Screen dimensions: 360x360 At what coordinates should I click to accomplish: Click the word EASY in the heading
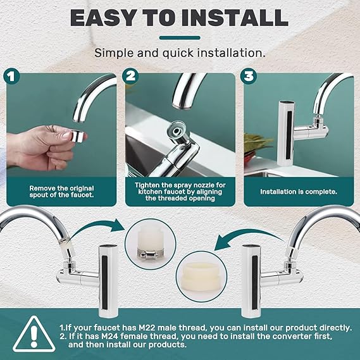tap(107, 18)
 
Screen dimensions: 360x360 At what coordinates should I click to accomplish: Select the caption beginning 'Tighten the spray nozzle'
tap(179, 189)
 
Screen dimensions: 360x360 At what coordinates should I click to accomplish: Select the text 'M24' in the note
tap(115, 337)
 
